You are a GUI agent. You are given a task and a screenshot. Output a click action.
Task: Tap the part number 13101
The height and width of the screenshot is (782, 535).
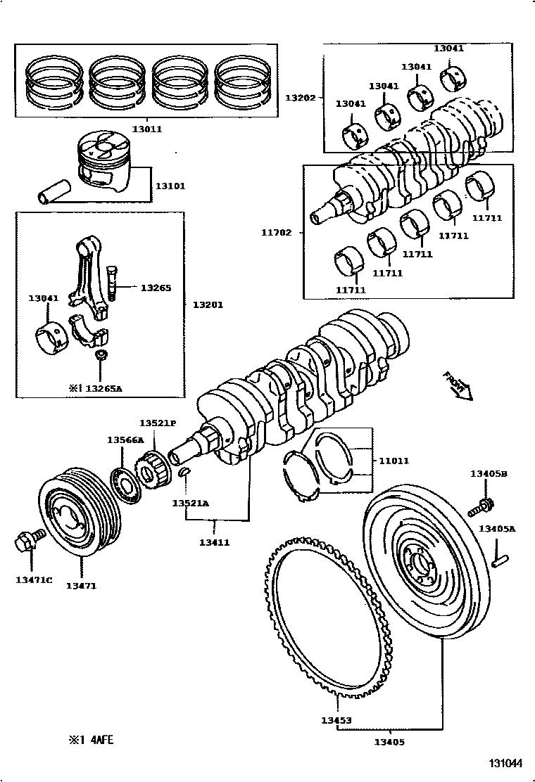pyautogui.click(x=170, y=186)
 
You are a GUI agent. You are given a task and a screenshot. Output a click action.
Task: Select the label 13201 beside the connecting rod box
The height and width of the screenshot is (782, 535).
pyautogui.click(x=207, y=304)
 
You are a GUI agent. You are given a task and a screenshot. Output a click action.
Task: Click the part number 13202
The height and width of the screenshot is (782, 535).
pyautogui.click(x=301, y=98)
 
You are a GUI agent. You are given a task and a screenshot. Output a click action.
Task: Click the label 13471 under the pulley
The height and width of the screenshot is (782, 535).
pyautogui.click(x=81, y=585)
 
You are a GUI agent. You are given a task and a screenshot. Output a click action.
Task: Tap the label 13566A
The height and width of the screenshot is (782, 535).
pyautogui.click(x=125, y=440)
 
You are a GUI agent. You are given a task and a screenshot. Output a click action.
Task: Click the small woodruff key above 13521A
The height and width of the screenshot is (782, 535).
pyautogui.click(x=184, y=473)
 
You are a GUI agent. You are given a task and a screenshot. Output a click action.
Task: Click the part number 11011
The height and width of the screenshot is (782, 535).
pyautogui.click(x=394, y=461)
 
